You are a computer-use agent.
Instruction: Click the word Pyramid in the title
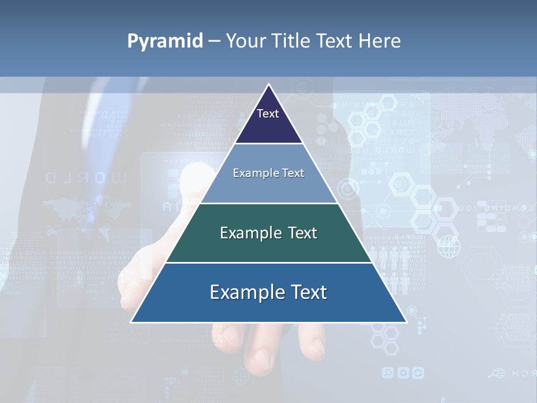point(165,41)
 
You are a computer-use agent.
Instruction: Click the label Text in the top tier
point(268,114)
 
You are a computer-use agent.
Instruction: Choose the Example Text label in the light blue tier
point(268,174)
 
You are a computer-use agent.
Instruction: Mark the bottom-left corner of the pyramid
point(131,322)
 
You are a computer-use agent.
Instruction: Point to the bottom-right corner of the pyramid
point(406,322)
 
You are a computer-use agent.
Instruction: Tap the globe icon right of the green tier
point(448,246)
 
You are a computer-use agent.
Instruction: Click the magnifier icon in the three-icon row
point(388,373)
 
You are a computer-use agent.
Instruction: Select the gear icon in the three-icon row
point(403,373)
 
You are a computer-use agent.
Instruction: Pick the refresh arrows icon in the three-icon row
point(417,373)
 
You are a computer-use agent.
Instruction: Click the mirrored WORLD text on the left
point(87,179)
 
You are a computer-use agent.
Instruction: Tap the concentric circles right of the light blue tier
point(348,189)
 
